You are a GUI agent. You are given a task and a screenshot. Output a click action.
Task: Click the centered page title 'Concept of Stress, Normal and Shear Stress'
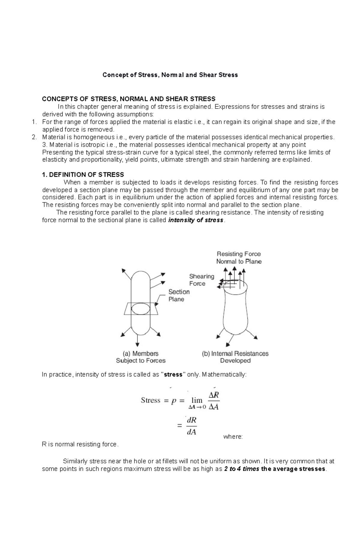point(170,75)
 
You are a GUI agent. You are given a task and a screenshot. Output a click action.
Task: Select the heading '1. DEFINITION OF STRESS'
point(83,175)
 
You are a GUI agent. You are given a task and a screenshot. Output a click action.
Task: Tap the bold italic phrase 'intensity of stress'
point(196,220)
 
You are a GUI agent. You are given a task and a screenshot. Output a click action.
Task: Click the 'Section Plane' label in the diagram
point(178,296)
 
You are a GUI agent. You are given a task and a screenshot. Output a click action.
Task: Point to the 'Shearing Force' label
point(201,280)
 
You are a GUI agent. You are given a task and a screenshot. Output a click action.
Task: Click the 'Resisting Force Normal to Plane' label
point(239,258)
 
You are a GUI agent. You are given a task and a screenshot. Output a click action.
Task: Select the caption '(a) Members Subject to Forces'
point(141,357)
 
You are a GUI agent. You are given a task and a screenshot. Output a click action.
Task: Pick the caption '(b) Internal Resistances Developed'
point(235,357)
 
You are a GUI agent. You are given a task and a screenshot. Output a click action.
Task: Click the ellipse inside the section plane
point(140,309)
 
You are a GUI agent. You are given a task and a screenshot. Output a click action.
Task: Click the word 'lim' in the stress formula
point(197,400)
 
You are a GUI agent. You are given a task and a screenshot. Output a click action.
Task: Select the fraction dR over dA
point(191,426)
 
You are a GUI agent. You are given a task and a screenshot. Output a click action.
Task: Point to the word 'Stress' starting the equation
point(151,400)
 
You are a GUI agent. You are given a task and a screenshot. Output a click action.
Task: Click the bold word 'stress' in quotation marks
point(174,375)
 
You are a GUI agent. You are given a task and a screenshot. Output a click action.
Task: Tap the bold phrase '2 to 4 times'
point(241,469)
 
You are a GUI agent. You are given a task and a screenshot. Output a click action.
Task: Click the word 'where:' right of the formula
point(233,437)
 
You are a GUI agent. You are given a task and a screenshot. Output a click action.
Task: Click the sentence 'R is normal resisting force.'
point(80,444)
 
